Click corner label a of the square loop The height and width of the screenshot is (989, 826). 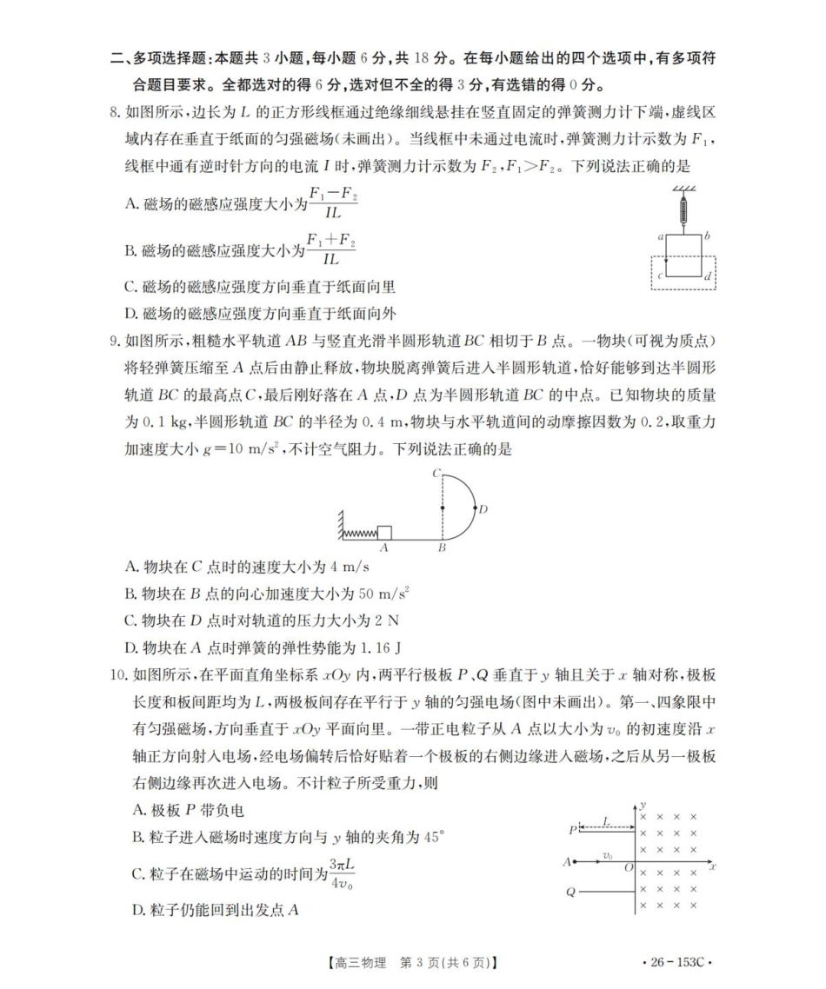point(662,236)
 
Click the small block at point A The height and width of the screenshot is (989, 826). point(384,533)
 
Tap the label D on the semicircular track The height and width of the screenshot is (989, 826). point(484,508)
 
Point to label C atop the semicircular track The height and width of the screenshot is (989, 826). point(436,474)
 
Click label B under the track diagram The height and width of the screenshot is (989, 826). point(442,548)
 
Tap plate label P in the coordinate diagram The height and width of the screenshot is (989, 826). point(573,828)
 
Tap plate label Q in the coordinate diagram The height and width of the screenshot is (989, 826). point(570,893)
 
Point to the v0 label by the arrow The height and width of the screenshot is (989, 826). point(608,856)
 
